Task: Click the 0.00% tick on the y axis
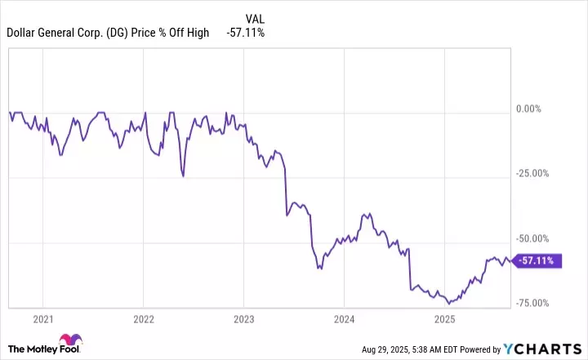[536, 109]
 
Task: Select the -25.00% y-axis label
[536, 173]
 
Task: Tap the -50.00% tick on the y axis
[536, 238]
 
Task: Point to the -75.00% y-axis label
[536, 303]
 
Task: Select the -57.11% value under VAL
[245, 33]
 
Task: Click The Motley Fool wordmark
[29, 349]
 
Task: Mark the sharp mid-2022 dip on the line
[184, 176]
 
